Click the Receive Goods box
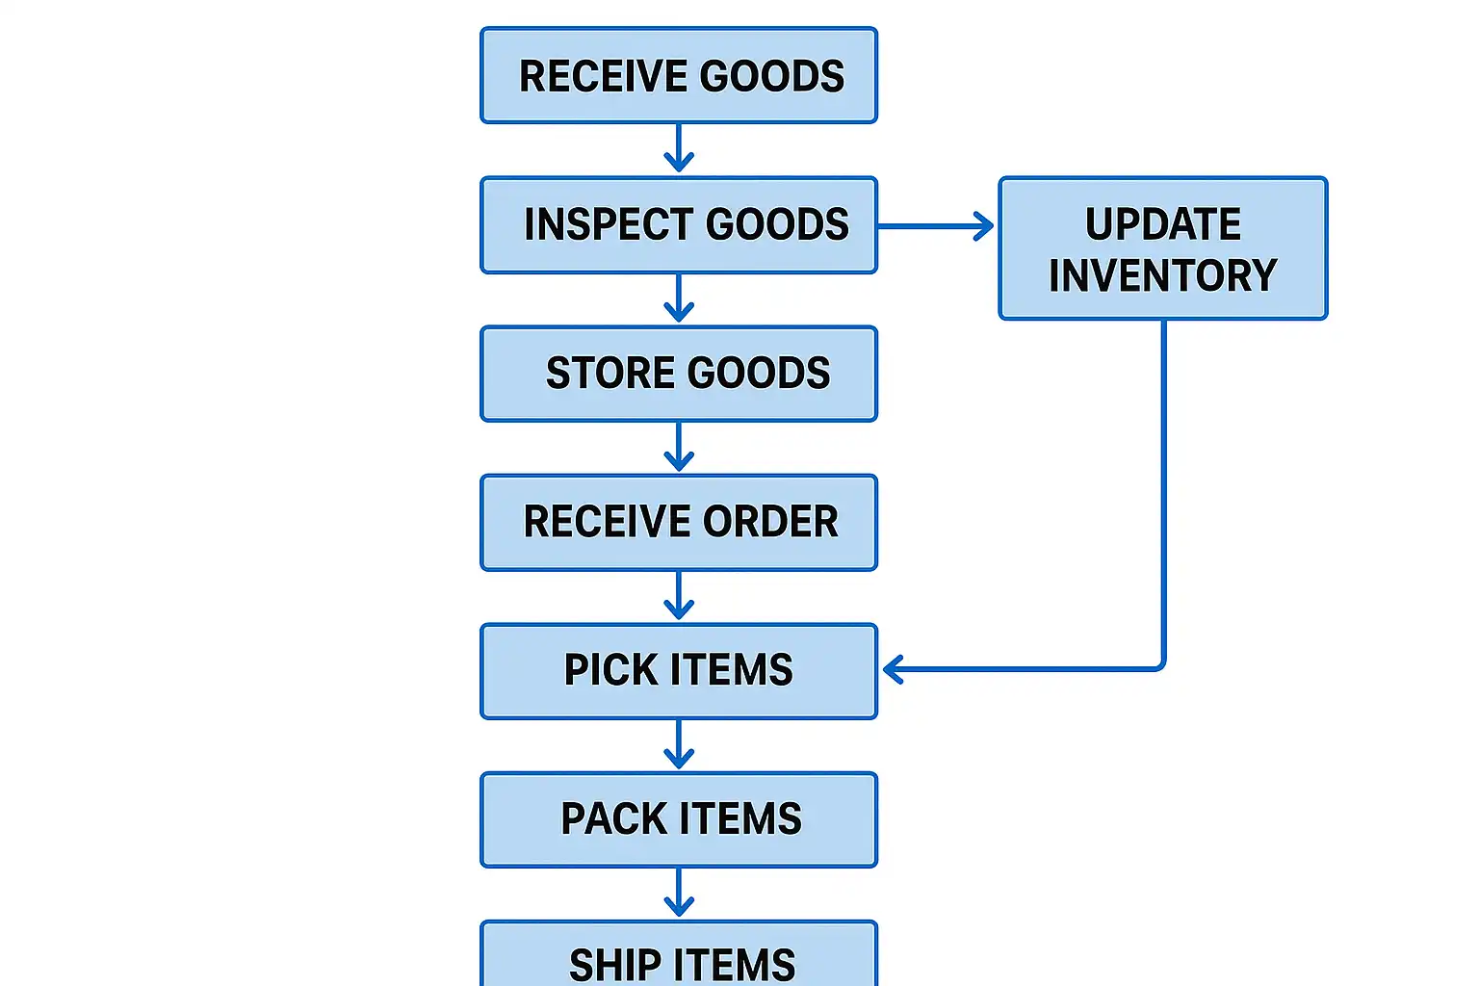coord(679,75)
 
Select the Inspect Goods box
coord(679,224)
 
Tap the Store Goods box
coord(679,374)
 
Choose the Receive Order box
coord(679,522)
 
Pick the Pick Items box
coord(679,670)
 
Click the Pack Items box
coord(679,819)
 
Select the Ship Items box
coord(679,958)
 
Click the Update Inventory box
coord(1163,248)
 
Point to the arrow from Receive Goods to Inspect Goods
coord(679,149)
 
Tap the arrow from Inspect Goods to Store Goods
coord(679,298)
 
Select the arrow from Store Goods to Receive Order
coord(679,447)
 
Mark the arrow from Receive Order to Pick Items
coord(679,596)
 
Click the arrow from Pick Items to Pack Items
coord(679,744)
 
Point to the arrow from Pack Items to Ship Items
coord(679,893)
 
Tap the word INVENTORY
coord(1163,275)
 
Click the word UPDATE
coord(1163,224)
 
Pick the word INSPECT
coord(607,224)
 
